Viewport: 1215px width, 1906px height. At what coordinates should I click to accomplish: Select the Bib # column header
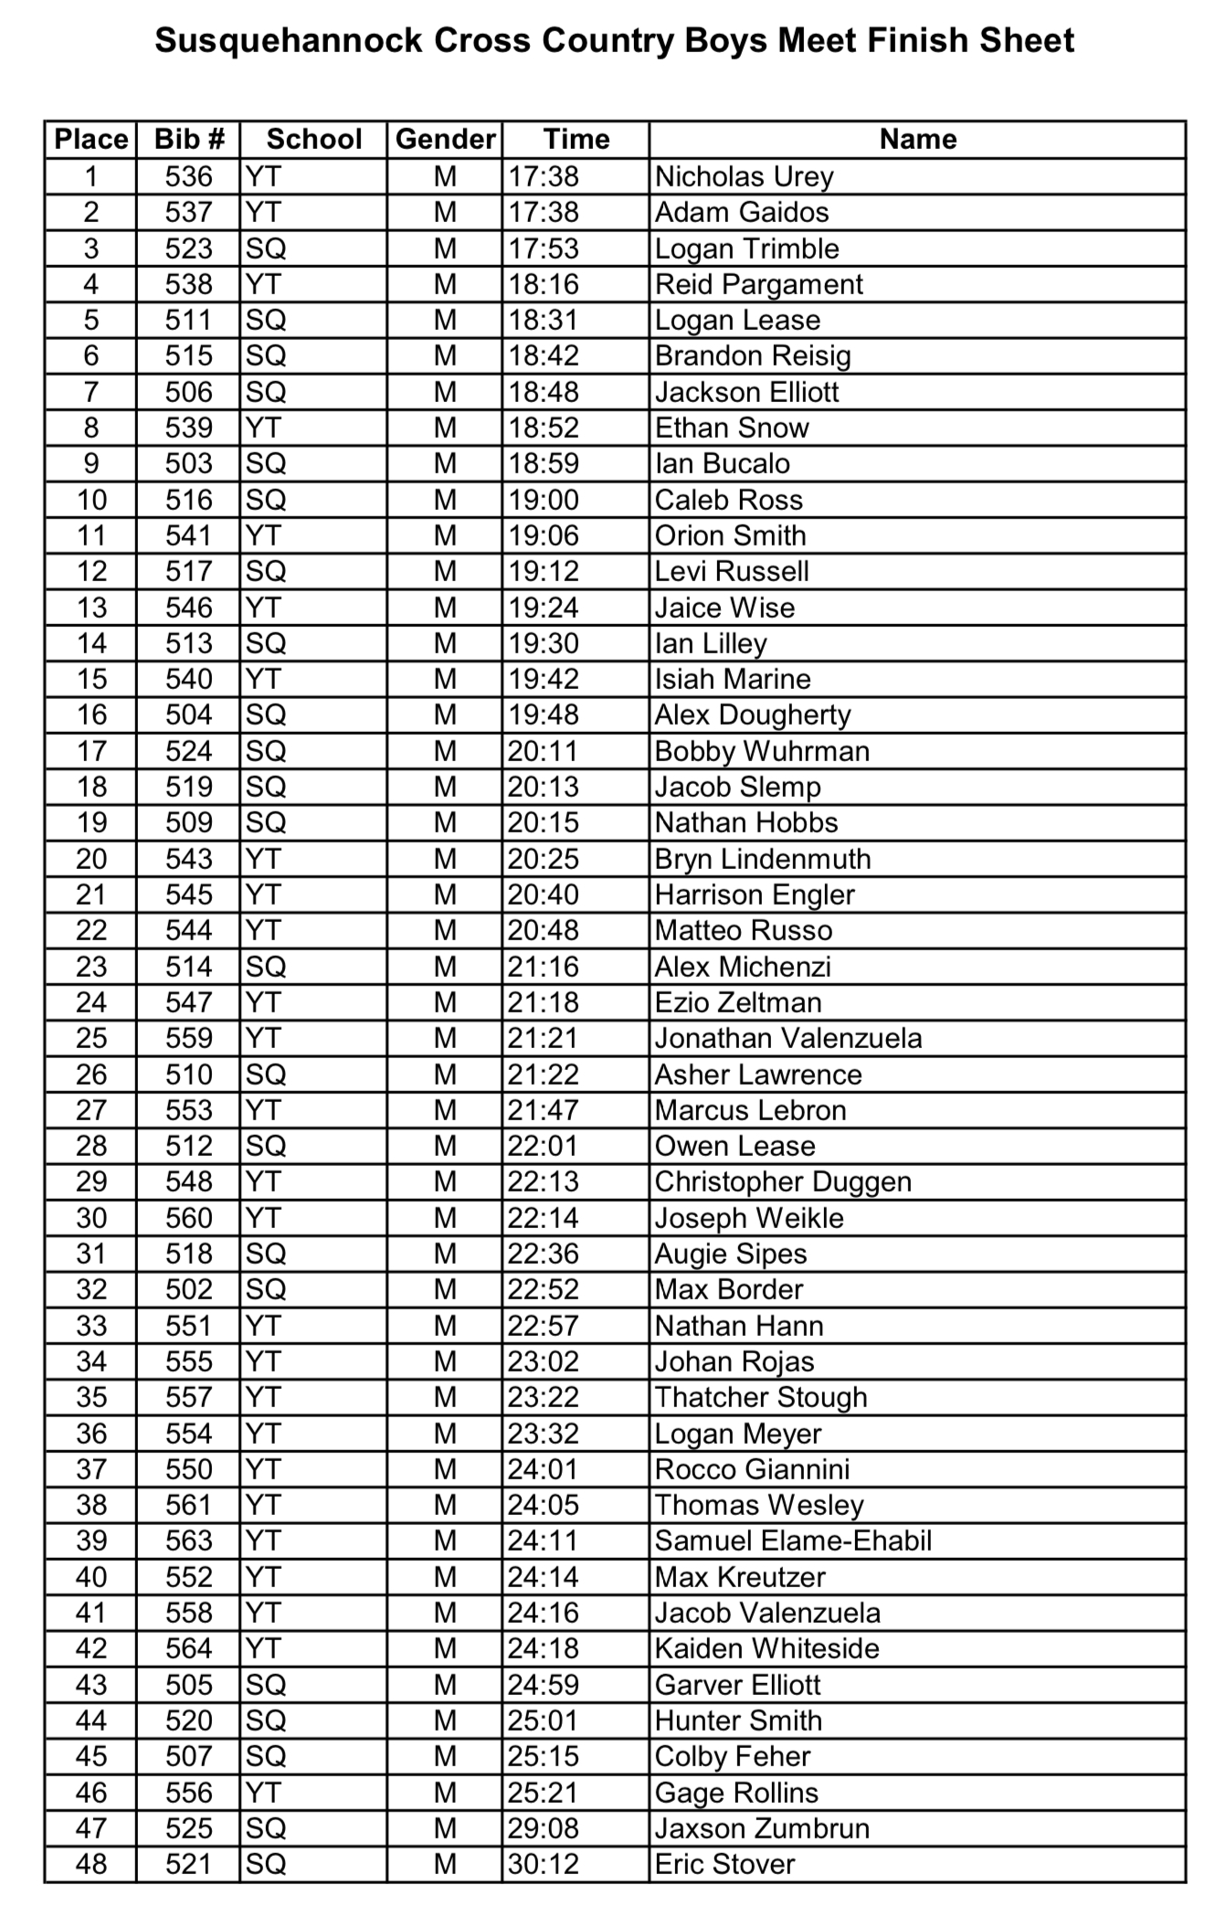pos(188,139)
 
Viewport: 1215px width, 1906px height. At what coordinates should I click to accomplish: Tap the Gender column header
pos(445,139)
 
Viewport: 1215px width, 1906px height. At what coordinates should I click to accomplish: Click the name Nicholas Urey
pos(744,176)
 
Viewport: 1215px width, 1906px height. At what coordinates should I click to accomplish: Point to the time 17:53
pos(544,249)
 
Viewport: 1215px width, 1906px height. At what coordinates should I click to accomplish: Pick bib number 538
pos(188,284)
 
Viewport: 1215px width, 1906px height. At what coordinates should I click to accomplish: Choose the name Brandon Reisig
pos(753,355)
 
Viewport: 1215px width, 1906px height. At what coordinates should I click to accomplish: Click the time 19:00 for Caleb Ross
pos(544,500)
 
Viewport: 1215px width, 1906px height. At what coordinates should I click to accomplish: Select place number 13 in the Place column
pos(90,608)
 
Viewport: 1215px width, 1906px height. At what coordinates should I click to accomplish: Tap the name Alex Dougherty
pos(753,715)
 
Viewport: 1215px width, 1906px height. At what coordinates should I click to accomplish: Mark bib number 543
pos(188,859)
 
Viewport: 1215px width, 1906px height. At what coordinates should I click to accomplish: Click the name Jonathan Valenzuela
pos(788,1038)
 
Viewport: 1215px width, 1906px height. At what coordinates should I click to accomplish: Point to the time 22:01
pos(544,1146)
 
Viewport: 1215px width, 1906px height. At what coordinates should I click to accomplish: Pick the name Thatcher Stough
pos(761,1397)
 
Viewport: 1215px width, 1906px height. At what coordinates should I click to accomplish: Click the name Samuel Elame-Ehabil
pos(793,1541)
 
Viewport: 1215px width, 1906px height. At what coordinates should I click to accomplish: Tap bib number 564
pos(188,1648)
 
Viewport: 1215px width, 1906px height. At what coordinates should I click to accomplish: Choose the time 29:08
pos(544,1828)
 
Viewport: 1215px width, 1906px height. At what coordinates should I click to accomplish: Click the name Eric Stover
pos(725,1864)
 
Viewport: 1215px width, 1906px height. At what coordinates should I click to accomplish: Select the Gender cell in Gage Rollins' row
pos(445,1793)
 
